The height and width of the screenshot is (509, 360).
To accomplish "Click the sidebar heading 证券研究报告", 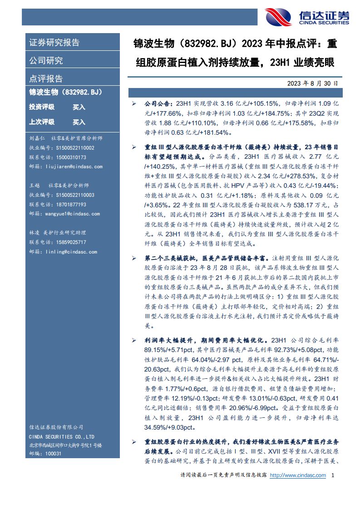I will click(54, 43).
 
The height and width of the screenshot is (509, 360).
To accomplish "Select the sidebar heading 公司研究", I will click(46, 60).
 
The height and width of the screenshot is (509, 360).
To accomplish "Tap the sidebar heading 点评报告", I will click(46, 78).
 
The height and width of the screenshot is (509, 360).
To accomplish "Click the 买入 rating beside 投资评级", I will click(79, 107).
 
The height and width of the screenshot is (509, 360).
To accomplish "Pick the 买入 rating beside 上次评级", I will click(79, 122).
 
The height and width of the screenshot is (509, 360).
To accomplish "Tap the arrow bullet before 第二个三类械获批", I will click(133, 258).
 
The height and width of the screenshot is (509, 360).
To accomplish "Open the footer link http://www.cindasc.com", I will click(298, 475).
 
